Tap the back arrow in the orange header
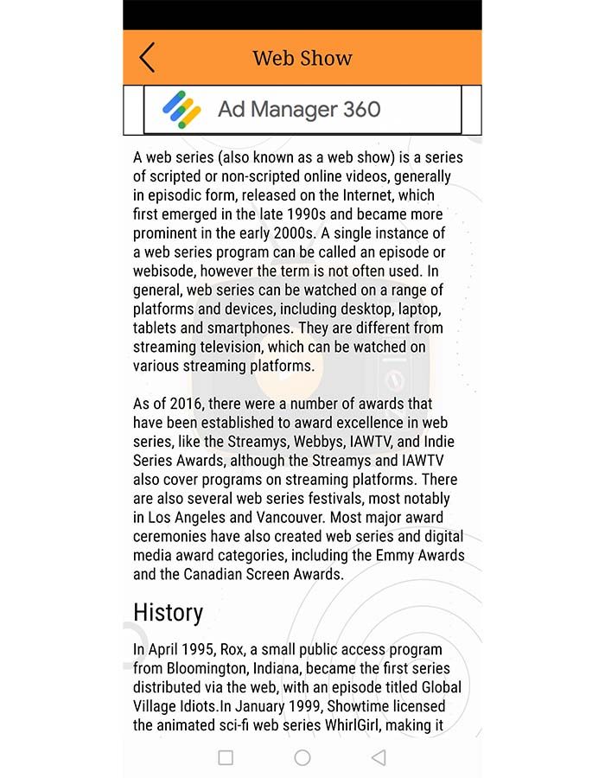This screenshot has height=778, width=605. [x=147, y=58]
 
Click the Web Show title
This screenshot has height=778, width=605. [x=302, y=59]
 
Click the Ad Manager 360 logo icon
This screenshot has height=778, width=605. [x=181, y=110]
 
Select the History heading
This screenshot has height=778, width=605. [x=168, y=613]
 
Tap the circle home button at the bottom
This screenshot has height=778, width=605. [x=302, y=758]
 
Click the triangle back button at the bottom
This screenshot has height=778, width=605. [x=378, y=758]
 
